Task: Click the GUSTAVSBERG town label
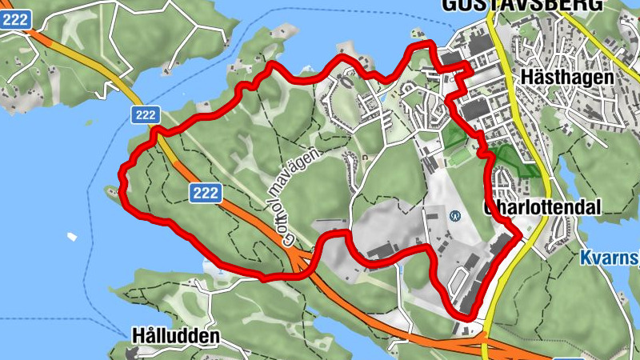(x=521, y=5)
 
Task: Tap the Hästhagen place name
(x=566, y=78)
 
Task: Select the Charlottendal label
(x=542, y=207)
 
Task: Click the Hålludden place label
(x=177, y=336)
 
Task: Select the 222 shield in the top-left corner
(x=15, y=19)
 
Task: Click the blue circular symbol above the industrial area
(x=454, y=214)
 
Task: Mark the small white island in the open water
(x=73, y=237)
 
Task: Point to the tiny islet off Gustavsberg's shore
(x=415, y=33)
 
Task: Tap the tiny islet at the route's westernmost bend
(x=110, y=190)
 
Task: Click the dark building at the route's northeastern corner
(x=450, y=58)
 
